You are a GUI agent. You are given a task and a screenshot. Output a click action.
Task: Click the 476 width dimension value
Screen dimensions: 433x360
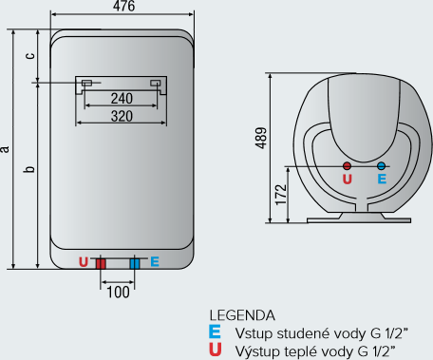pyautogui.click(x=123, y=6)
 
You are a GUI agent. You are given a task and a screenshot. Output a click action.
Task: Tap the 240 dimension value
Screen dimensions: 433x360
pyautogui.click(x=122, y=99)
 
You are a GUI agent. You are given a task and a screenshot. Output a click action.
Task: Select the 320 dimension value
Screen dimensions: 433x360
pyautogui.click(x=122, y=116)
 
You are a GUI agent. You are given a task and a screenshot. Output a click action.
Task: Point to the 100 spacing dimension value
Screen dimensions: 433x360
pyautogui.click(x=118, y=293)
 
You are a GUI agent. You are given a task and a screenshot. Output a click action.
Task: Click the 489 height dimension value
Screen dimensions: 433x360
pyautogui.click(x=261, y=138)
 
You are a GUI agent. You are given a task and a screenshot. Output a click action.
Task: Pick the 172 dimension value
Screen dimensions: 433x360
pyautogui.click(x=281, y=195)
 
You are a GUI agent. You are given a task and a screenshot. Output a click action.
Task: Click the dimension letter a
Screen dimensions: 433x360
pyautogui.click(x=5, y=149)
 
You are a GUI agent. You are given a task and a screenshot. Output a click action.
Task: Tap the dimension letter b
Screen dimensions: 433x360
pyautogui.click(x=29, y=169)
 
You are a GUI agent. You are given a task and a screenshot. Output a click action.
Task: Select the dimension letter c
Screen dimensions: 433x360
pyautogui.click(x=30, y=56)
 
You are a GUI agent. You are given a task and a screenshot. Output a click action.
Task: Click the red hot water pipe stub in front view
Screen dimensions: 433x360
pyautogui.click(x=101, y=264)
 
